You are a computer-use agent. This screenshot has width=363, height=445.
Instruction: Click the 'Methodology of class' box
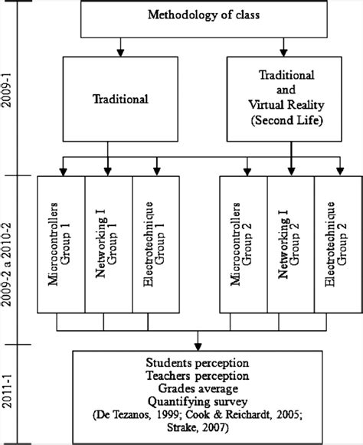coord(198,18)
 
